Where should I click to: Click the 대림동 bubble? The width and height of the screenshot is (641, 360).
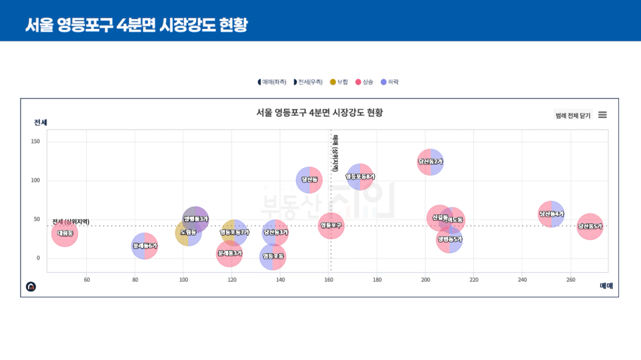(x=65, y=233)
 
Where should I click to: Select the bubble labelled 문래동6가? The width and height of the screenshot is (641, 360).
(x=144, y=246)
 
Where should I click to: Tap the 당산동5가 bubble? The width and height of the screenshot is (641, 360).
(x=590, y=227)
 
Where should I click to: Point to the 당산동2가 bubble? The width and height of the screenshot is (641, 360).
(x=430, y=162)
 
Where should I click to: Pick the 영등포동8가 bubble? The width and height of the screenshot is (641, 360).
(x=360, y=177)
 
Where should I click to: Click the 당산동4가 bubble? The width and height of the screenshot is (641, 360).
(x=551, y=214)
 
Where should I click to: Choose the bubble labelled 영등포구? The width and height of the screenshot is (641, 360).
(x=331, y=226)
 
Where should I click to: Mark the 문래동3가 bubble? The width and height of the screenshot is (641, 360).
(x=229, y=253)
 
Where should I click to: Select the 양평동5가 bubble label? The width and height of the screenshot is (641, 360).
(x=449, y=240)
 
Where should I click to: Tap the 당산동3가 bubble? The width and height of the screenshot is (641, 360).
(x=275, y=232)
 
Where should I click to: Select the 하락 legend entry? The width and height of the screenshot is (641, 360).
(x=390, y=82)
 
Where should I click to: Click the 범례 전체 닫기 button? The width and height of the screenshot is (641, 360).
(x=572, y=115)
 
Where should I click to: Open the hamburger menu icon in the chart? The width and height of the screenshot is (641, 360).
(x=602, y=115)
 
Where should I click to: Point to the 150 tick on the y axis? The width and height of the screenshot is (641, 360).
(x=35, y=142)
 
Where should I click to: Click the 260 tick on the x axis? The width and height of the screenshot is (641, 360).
(x=570, y=280)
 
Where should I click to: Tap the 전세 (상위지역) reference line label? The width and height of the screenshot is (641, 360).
(x=71, y=222)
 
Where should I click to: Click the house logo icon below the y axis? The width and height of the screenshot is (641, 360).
(x=31, y=286)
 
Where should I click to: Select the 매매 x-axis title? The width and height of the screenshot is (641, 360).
(x=606, y=286)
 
